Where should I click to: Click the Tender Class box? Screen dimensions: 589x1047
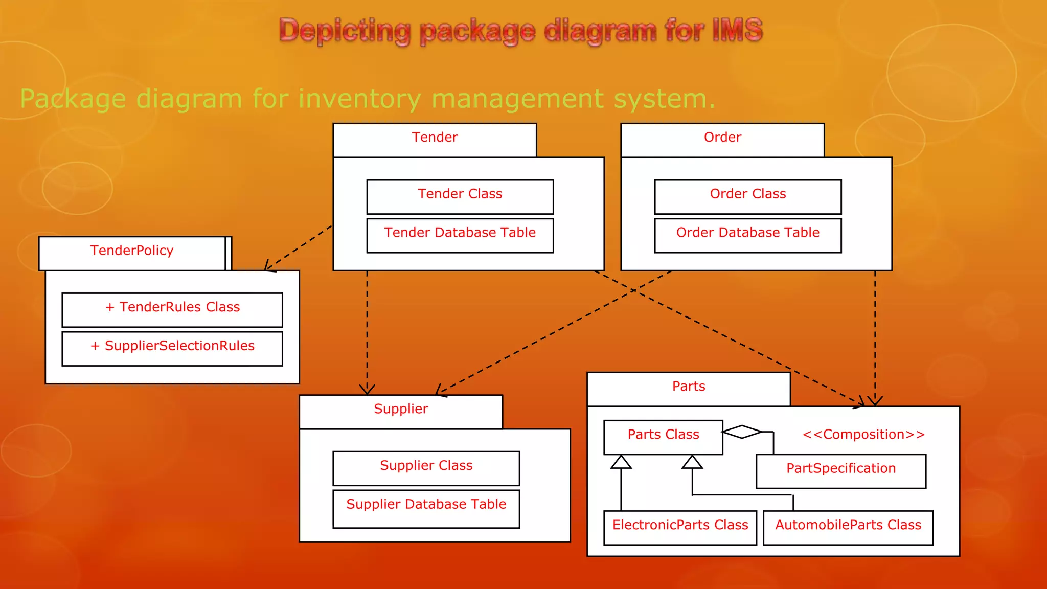[x=460, y=196]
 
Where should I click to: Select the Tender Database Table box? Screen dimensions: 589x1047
[x=460, y=235]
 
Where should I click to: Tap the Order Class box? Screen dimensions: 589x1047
[x=747, y=196]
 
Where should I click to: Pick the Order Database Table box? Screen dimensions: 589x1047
[x=747, y=235]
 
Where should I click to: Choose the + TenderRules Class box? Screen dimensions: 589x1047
[x=172, y=309]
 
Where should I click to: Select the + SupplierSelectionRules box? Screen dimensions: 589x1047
[x=172, y=348]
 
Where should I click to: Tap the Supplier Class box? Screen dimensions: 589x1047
[x=426, y=468]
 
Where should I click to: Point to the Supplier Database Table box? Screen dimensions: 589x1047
[x=426, y=508]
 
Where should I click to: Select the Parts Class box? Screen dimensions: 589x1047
[x=663, y=437]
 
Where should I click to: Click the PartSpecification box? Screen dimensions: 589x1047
[x=841, y=470]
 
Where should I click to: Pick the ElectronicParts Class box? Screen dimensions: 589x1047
[x=680, y=527]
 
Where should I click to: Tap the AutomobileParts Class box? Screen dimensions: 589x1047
[x=848, y=527]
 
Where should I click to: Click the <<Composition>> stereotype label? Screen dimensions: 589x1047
[x=863, y=435]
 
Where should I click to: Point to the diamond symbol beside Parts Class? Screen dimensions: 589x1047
[x=742, y=432]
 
